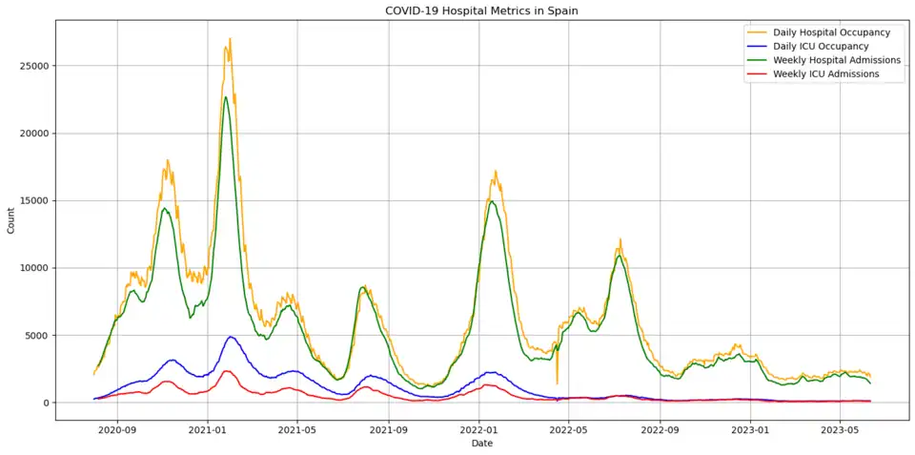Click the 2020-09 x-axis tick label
click(x=117, y=430)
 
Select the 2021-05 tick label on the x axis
click(x=297, y=430)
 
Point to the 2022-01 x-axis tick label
click(x=478, y=430)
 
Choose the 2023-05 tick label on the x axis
click(x=840, y=430)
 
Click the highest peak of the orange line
click(x=230, y=38)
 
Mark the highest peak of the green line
click(x=226, y=96)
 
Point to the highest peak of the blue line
click(x=231, y=337)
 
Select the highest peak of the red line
click(x=227, y=371)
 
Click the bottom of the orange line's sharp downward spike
click(x=558, y=384)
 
